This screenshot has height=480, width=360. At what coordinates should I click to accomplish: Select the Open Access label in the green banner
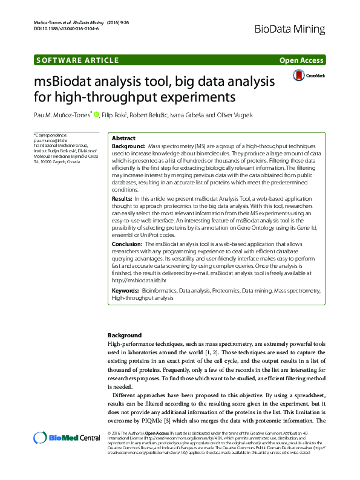coord(301,60)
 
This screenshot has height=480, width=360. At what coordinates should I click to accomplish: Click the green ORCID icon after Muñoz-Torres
coord(113,114)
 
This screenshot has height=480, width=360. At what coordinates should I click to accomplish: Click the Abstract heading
coord(124,138)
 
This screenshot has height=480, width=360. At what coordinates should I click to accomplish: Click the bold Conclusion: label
coord(127,244)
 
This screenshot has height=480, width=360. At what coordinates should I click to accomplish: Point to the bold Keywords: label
coord(125,291)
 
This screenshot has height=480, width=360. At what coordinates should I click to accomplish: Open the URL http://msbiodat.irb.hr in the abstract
coord(139,281)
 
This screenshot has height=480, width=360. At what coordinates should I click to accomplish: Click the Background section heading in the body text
coord(124,335)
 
